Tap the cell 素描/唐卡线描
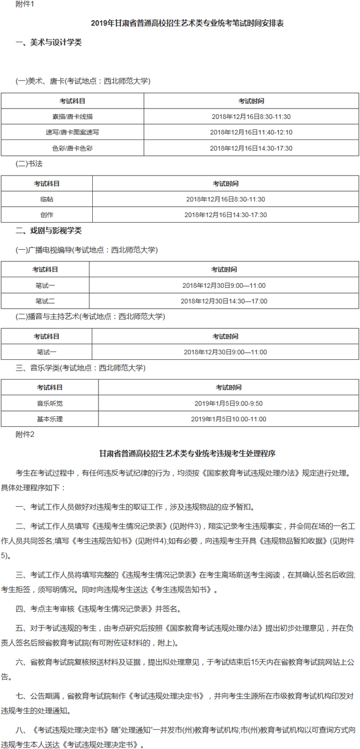73,117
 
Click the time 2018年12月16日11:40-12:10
251,132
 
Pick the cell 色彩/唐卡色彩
73,148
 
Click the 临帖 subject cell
47,199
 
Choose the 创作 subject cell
47,215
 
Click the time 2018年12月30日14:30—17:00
224,301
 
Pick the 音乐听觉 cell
50,403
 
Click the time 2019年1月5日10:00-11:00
228,419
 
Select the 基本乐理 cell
50,419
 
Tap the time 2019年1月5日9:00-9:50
228,403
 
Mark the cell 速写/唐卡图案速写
73,132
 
